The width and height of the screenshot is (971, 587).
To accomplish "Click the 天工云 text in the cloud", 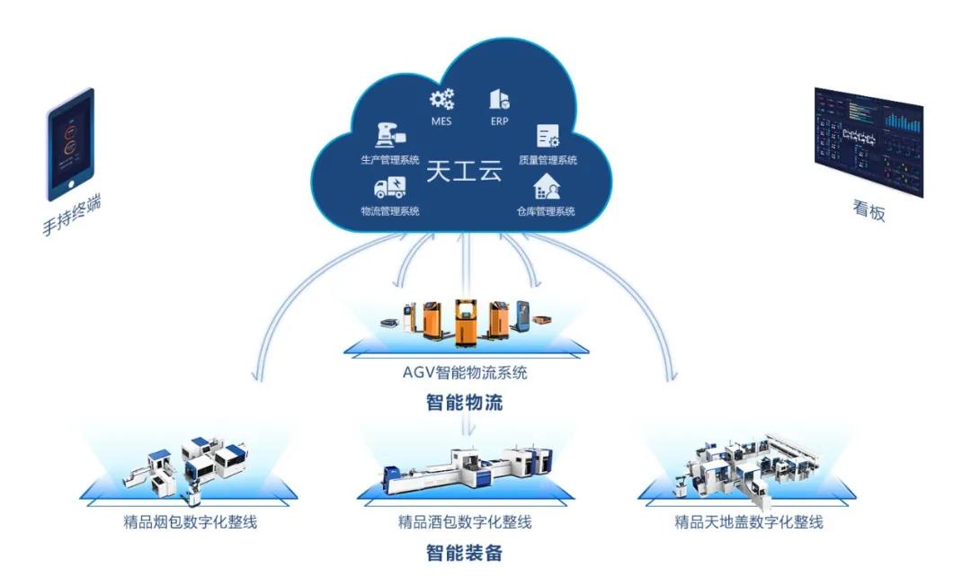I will [x=464, y=173].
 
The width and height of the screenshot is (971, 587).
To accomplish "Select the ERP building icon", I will [x=499, y=99].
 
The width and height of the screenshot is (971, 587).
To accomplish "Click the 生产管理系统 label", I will [x=390, y=159].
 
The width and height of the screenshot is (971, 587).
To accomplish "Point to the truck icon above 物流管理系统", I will [x=389, y=187].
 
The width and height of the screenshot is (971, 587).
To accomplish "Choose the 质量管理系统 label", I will [x=548, y=160].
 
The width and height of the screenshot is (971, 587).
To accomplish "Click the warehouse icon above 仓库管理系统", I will [x=547, y=187].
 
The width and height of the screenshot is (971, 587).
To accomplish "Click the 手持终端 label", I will [x=71, y=216].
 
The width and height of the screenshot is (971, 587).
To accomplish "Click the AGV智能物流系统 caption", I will [x=464, y=372].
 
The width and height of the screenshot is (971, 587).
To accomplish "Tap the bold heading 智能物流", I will [x=464, y=402].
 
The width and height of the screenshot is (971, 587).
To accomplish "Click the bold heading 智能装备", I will [x=464, y=553].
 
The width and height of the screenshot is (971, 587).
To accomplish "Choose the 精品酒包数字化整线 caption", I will [x=464, y=521].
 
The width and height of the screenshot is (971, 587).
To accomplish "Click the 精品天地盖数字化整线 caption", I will [x=749, y=521].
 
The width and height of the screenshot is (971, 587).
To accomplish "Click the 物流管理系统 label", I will [x=390, y=211].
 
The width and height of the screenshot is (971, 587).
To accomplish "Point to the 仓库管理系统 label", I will [x=546, y=211].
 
